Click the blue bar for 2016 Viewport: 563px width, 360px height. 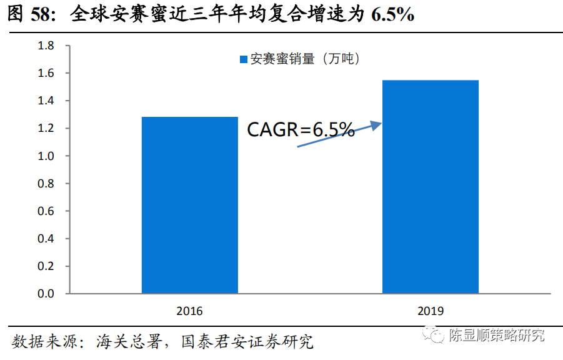[190, 205]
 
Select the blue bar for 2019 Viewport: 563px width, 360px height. [430, 186]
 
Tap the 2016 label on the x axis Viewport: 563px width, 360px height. [189, 311]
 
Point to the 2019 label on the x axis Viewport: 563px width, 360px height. [430, 311]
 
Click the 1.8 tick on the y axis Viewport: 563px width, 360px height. [46, 46]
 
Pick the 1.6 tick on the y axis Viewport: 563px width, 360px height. [46, 73]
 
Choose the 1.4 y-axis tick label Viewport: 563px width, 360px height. [46, 101]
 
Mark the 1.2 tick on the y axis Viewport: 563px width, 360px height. [46, 128]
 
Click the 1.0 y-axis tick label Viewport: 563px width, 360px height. [46, 156]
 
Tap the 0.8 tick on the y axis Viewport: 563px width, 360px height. [46, 183]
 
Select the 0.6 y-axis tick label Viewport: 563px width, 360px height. [46, 211]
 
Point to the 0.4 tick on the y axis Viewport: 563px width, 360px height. [46, 238]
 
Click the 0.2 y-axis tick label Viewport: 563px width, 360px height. [46, 266]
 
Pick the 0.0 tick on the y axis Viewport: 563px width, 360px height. [46, 293]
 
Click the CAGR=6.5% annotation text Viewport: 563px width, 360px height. [301, 130]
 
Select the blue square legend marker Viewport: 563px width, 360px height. [244, 60]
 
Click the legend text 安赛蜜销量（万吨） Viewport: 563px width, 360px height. [306, 60]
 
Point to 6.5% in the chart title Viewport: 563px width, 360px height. [392, 14]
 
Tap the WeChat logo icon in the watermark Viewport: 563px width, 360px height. [433, 336]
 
